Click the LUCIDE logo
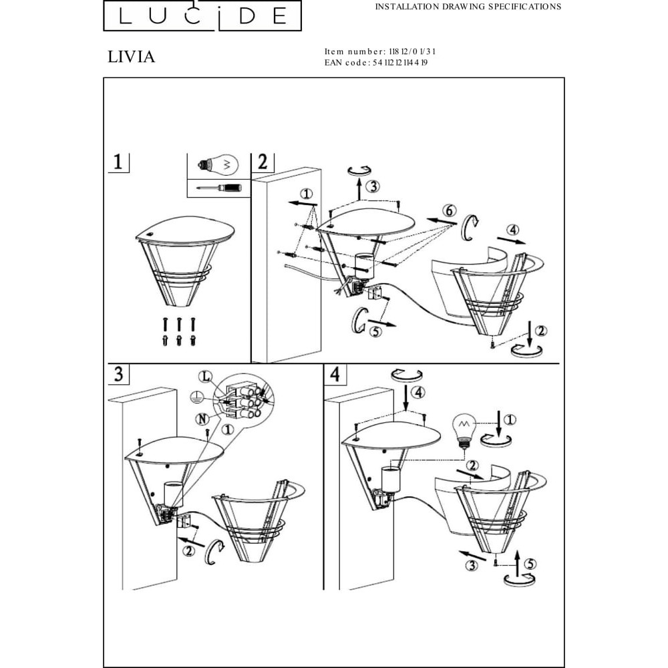(x=202, y=16)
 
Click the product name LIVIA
(x=131, y=57)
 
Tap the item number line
(x=379, y=51)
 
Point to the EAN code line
(x=375, y=63)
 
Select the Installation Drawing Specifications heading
(x=468, y=7)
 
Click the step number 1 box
(x=118, y=162)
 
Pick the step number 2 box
(x=263, y=162)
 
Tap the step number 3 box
(x=118, y=373)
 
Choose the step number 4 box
(x=335, y=373)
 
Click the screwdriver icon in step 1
(x=219, y=188)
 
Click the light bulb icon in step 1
(x=218, y=165)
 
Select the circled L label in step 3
(x=205, y=377)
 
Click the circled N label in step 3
(x=202, y=419)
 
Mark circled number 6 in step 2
(x=449, y=210)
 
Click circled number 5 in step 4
(x=530, y=564)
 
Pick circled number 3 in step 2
(x=373, y=186)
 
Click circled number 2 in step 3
(x=188, y=550)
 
